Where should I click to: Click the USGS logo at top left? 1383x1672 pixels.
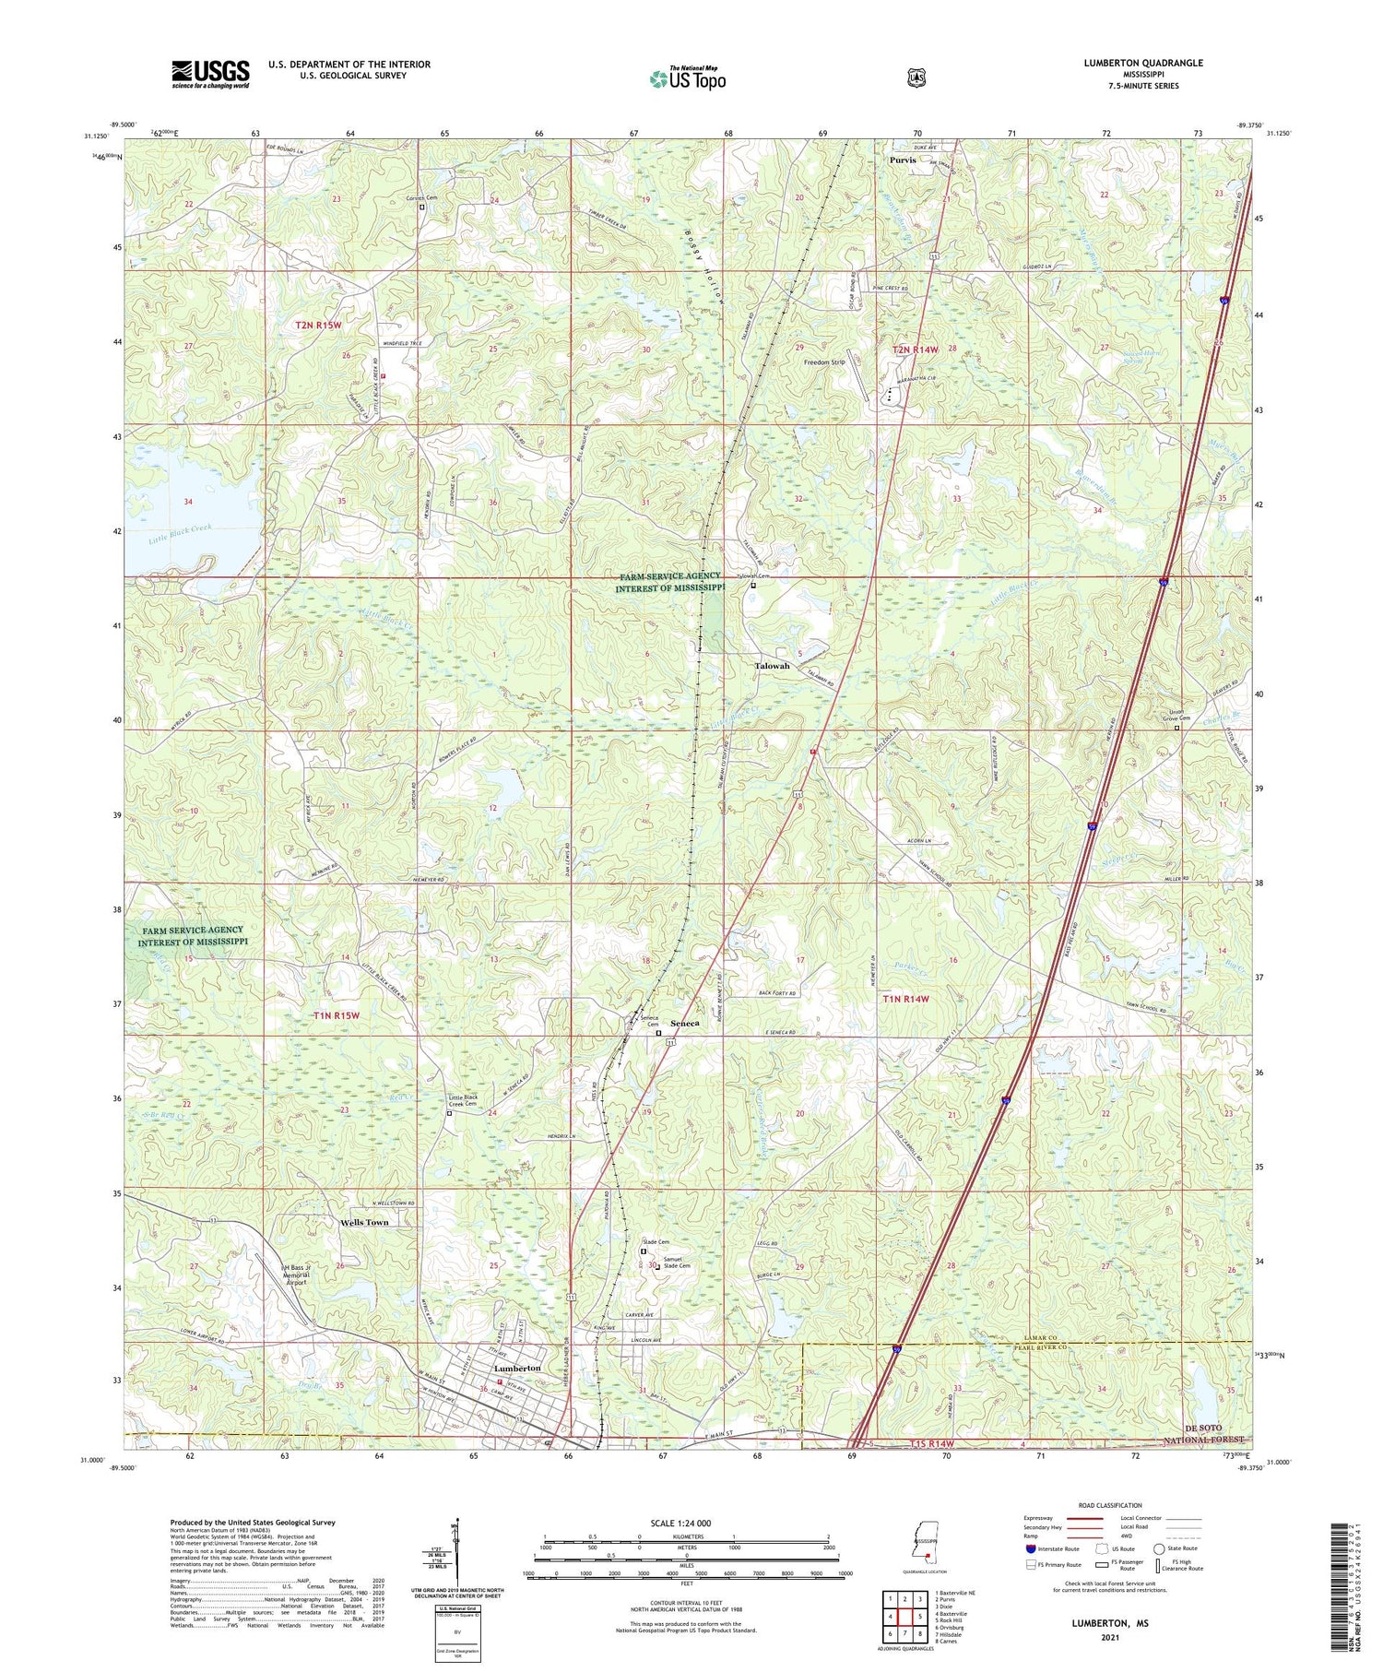(x=210, y=74)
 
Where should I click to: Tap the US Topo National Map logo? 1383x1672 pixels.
(x=687, y=78)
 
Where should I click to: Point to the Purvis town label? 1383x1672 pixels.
(x=903, y=160)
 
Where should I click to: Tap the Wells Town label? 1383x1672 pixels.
(x=358, y=1222)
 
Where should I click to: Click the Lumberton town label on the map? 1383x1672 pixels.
(x=517, y=1368)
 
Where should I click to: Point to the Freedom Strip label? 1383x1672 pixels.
(x=823, y=362)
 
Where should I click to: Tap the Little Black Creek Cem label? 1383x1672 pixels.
(x=462, y=1100)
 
